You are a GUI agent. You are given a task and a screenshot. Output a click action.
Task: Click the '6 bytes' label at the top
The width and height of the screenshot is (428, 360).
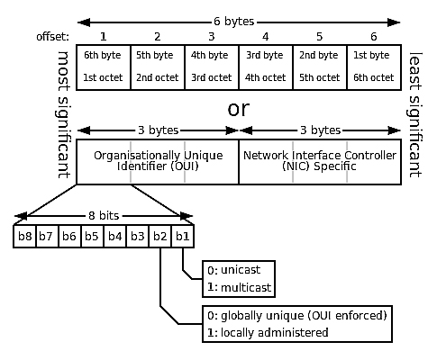234,22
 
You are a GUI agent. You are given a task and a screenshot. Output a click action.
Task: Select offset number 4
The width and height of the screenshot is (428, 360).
265,37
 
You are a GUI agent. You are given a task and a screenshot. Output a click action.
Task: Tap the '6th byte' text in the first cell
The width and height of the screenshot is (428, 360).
103,55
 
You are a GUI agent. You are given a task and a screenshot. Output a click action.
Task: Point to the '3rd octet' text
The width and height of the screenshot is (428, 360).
212,77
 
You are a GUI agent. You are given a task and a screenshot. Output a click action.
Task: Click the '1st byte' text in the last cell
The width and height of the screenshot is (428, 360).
371,55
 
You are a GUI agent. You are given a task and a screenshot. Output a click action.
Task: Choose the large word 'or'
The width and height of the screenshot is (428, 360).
239,109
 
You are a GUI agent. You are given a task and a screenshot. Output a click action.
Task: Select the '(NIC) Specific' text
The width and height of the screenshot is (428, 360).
319,166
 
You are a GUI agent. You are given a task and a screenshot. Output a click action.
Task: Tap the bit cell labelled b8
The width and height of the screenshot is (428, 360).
24,237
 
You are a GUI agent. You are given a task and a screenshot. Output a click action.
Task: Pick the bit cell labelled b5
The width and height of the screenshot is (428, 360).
92,237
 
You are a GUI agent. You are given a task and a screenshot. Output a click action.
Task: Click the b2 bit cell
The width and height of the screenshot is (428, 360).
160,237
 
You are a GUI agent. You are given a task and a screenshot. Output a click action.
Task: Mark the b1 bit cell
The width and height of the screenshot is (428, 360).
183,237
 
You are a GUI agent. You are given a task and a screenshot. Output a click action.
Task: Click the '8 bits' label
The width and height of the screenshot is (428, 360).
104,216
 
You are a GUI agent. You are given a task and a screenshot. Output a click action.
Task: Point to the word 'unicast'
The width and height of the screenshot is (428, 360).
241,270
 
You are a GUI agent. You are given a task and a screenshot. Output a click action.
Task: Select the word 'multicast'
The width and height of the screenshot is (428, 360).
246,288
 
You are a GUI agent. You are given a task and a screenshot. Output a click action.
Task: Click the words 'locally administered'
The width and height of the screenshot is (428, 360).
274,333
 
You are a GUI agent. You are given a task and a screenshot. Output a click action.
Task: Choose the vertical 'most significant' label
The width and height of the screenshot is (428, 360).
63,114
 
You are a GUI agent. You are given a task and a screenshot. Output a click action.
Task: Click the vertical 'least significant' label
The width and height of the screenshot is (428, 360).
414,114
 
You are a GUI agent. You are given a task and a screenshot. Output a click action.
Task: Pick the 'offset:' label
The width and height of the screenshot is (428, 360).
52,37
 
